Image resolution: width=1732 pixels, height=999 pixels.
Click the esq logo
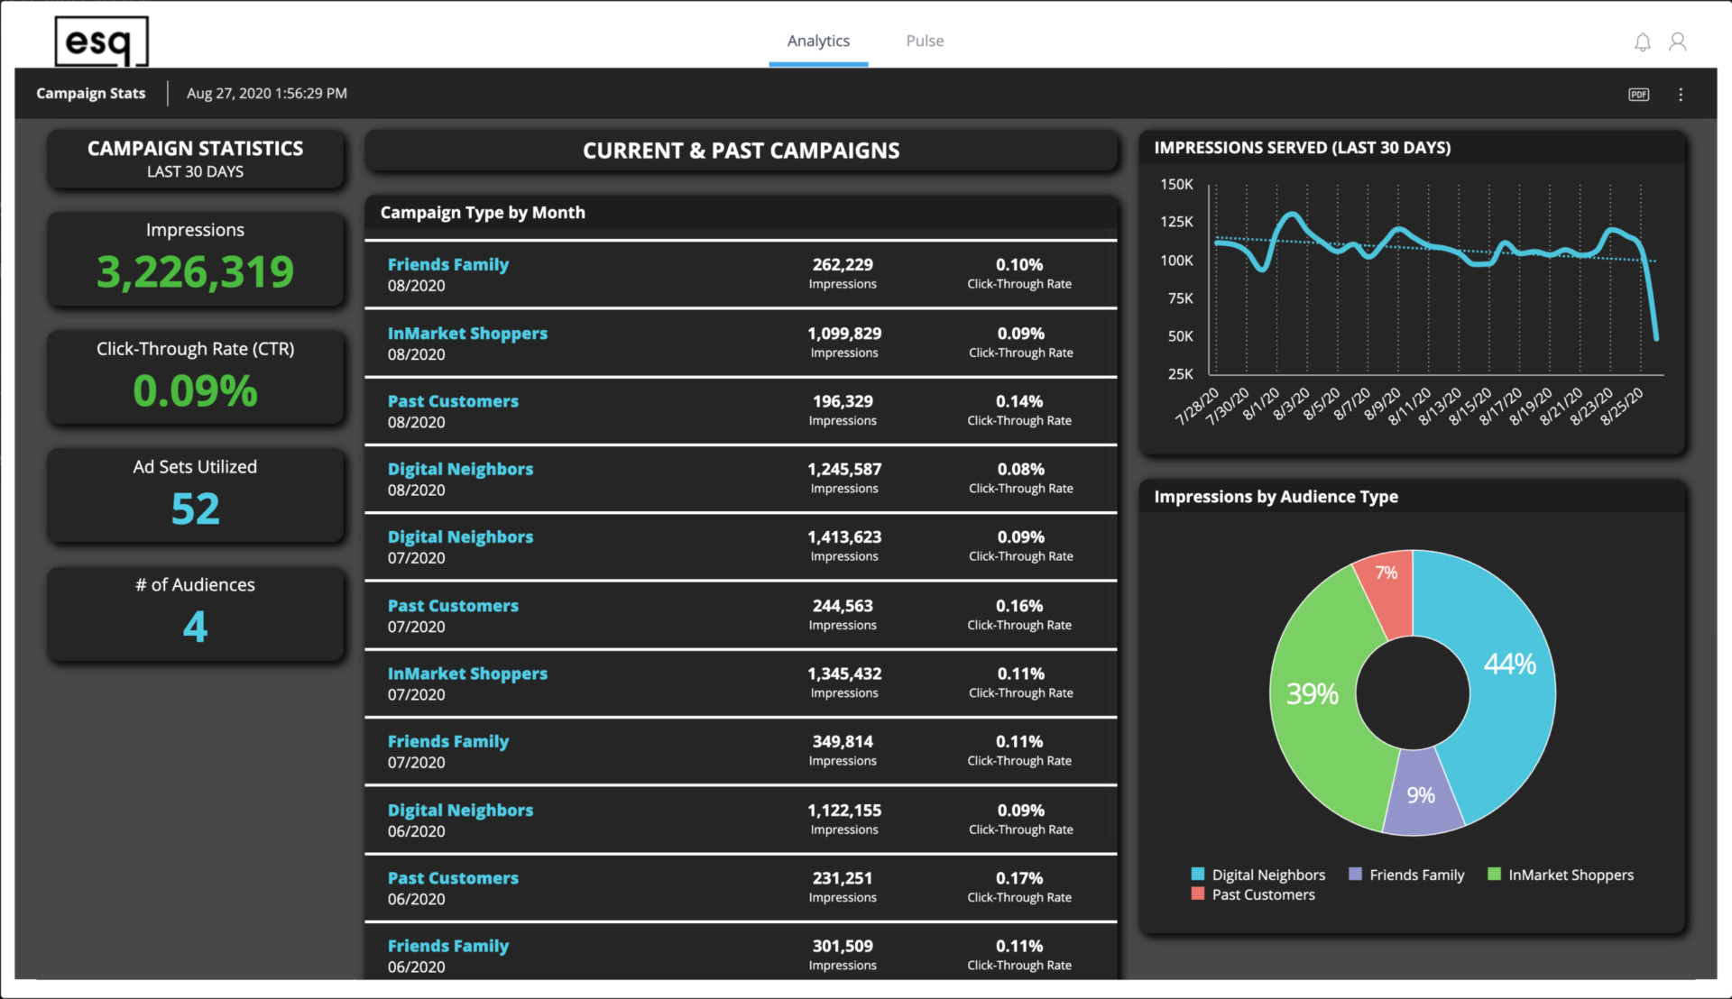[101, 41]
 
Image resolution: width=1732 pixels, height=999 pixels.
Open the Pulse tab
[925, 41]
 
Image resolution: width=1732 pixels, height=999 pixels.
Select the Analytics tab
[818, 41]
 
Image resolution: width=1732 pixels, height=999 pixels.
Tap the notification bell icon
[1642, 42]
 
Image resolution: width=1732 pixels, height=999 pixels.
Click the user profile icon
[1677, 42]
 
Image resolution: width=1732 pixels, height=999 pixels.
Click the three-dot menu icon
[1681, 95]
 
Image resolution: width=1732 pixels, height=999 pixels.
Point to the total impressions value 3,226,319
[195, 272]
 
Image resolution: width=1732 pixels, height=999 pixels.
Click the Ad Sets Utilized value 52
[195, 509]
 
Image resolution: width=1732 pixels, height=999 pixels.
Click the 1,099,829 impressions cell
[844, 334]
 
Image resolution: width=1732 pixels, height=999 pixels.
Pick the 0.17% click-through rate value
[1019, 878]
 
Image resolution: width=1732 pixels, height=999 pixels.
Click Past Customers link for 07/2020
[453, 606]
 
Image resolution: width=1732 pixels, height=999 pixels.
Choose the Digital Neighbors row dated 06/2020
[460, 811]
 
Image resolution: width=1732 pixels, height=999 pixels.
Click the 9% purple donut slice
[1421, 794]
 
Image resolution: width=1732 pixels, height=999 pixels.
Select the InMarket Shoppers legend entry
[1570, 875]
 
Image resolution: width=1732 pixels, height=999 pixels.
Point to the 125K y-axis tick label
[1176, 222]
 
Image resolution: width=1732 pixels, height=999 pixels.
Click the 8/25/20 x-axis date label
[1622, 407]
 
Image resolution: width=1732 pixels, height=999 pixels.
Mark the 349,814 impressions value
[843, 742]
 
